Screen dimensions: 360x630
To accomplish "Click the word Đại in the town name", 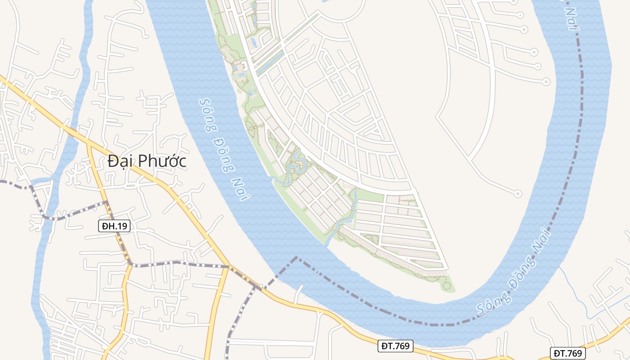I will point(120,161).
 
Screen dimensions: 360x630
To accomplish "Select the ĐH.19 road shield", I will point(114,226).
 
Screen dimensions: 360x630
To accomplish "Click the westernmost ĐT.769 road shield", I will point(395,346).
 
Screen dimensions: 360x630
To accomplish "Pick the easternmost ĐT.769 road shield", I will point(567,353).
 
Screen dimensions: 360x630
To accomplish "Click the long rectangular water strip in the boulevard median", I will point(270,63).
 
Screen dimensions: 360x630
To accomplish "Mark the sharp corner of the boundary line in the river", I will point(296,257).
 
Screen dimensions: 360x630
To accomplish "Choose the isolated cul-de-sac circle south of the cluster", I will point(518,194).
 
